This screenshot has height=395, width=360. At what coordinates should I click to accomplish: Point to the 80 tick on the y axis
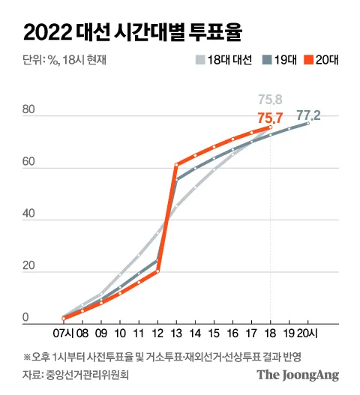[29, 111]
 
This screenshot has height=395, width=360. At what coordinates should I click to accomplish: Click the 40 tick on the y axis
[29, 215]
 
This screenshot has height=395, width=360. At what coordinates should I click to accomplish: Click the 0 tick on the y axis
[25, 319]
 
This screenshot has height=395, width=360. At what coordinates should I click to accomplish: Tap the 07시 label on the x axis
[62, 331]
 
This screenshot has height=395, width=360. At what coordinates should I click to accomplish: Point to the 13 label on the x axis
[175, 331]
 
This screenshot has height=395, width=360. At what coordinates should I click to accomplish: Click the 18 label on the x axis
[270, 331]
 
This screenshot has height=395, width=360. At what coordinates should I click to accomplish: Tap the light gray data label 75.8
[271, 97]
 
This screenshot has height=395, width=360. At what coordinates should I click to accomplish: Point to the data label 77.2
[308, 115]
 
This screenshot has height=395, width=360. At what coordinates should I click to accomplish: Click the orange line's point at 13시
[176, 164]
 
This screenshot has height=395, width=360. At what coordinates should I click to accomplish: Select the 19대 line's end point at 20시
[307, 123]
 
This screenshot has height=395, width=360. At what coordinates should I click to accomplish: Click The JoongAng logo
[298, 374]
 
